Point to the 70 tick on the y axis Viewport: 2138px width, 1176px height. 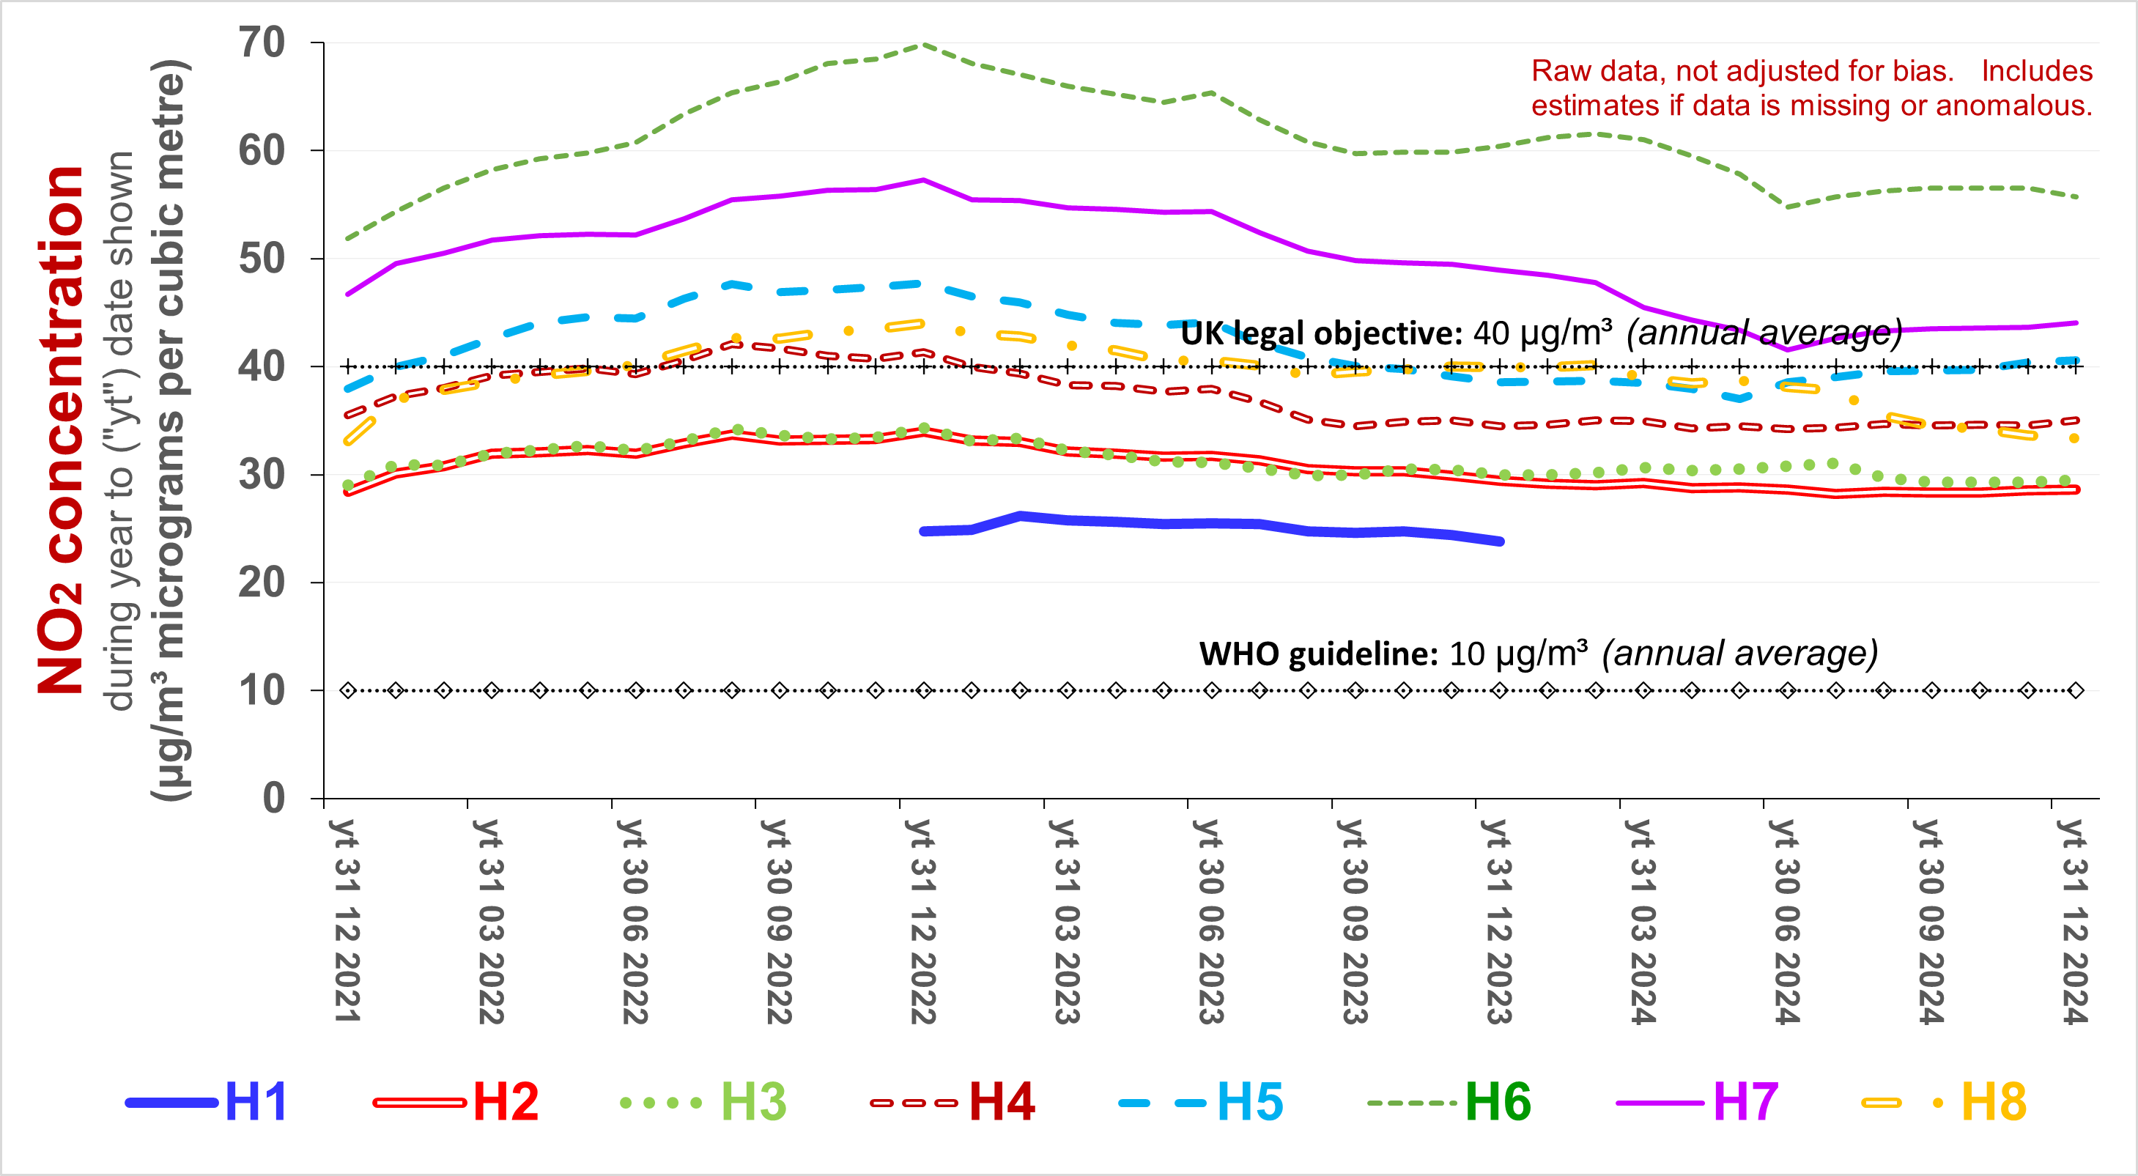click(262, 42)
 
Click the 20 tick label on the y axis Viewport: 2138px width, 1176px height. click(262, 583)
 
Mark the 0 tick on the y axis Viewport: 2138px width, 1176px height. click(274, 798)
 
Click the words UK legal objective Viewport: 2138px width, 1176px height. click(1320, 333)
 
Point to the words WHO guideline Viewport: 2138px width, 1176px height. click(1318, 654)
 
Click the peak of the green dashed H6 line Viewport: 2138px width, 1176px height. click(923, 44)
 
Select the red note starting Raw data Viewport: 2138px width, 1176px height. click(1811, 88)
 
